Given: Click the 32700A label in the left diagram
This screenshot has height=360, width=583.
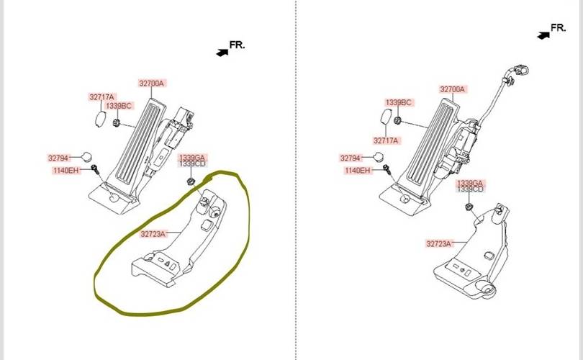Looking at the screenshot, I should pos(152,84).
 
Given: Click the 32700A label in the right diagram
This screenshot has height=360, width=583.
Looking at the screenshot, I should pos(453,90).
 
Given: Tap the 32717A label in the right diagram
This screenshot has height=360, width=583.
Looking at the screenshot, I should pos(386,140).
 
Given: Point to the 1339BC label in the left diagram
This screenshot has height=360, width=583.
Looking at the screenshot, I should pos(119,106).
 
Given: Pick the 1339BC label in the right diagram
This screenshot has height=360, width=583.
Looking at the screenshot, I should pos(398,103).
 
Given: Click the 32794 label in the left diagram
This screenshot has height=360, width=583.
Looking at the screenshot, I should pos(58,158).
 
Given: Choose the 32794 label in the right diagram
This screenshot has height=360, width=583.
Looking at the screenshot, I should pos(351,158).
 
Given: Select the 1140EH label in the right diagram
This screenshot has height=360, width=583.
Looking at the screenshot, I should pos(358,171).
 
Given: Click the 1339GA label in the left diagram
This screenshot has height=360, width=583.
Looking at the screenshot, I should pos(192,157).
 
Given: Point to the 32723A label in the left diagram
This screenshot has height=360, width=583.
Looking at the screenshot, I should pos(153,233).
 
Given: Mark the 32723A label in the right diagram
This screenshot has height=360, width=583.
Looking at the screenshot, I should pos(438,243).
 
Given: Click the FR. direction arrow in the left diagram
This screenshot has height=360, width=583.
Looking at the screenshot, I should pos(222,51).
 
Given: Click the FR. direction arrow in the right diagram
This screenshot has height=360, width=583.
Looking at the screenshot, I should pos(543,35).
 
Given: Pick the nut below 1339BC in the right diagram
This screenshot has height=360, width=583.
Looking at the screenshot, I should pos(397,118).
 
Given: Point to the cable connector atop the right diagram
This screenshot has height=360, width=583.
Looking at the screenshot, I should pos(518,71).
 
